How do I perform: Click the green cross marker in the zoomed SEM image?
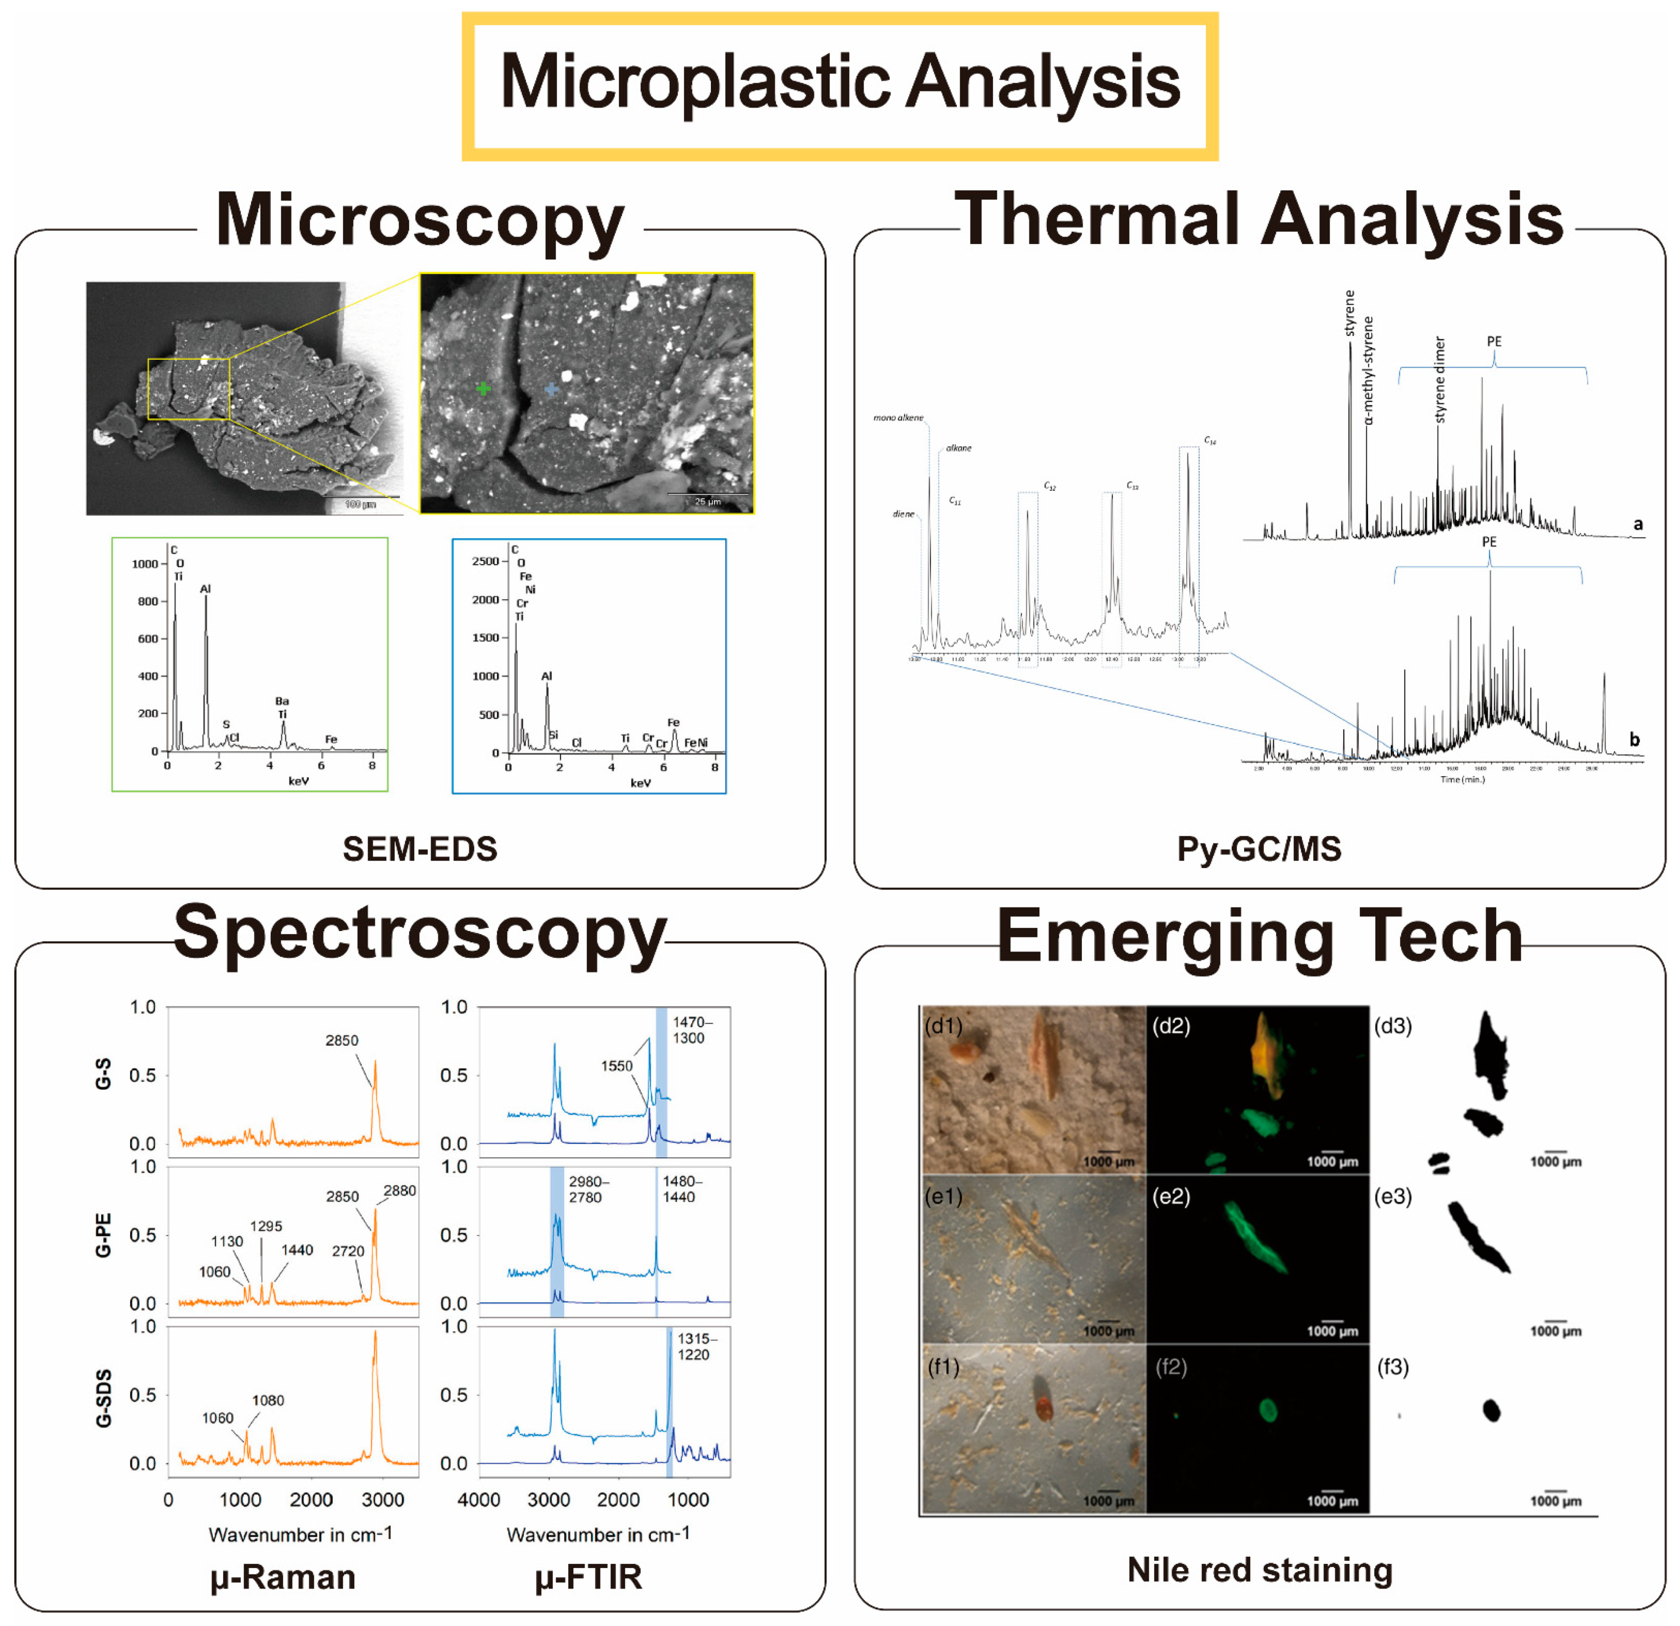tap(483, 388)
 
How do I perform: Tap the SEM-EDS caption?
tap(420, 849)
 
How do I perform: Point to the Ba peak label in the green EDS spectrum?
tap(282, 701)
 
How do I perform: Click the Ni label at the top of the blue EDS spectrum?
tap(531, 590)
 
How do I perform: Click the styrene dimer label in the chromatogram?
tap(1440, 380)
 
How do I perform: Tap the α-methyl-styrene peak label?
tap(1369, 370)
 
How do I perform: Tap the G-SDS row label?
tap(103, 1399)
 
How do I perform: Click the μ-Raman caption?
tap(283, 1577)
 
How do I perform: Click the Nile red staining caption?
tap(1259, 1570)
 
